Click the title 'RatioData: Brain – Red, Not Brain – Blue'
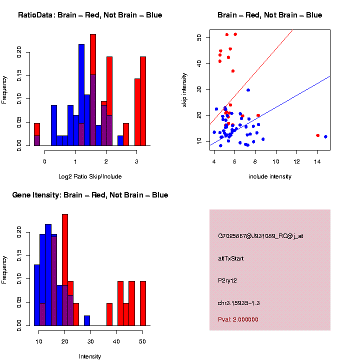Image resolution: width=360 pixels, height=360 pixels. (x=90, y=15)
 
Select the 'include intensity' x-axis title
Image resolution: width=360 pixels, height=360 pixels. (x=269, y=176)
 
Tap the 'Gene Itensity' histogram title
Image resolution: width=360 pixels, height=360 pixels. (x=90, y=195)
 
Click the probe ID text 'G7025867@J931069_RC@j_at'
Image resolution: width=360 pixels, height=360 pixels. (x=260, y=236)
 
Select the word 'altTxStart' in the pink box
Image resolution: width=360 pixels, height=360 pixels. (x=231, y=258)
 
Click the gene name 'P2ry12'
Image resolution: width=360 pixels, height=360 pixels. (x=227, y=280)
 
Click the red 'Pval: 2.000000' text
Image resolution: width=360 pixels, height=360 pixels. (x=238, y=319)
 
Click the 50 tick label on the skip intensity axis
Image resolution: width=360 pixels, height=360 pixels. (x=199, y=37)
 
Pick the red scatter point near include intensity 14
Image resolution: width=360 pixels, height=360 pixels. (x=318, y=135)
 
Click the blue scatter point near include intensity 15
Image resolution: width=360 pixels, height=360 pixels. (x=325, y=136)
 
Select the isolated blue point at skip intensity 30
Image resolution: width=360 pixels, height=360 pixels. (x=248, y=90)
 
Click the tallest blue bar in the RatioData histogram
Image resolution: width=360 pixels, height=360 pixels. (x=81, y=95)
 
